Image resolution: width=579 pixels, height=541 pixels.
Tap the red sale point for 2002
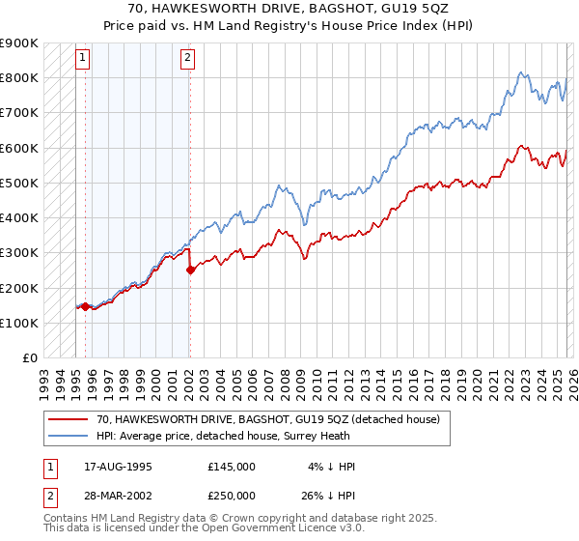(x=190, y=270)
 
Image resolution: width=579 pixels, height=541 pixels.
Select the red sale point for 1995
(x=85, y=307)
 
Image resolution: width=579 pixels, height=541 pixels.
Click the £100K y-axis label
(x=19, y=323)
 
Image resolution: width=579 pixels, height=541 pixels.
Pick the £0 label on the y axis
(x=29, y=358)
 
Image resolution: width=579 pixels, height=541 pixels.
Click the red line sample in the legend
(x=69, y=419)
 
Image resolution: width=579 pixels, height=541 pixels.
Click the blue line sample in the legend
(x=69, y=435)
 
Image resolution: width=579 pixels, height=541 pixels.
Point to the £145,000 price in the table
(x=232, y=467)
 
